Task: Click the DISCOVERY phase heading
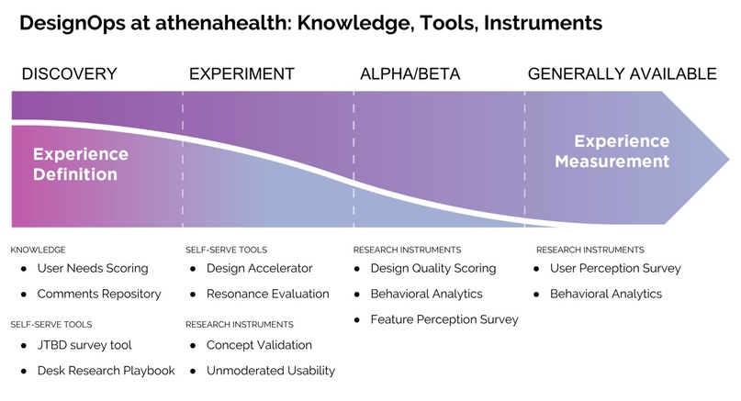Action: [x=70, y=74]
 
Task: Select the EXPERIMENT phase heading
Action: [x=242, y=74]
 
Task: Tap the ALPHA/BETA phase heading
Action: [x=410, y=74]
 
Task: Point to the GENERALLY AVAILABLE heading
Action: [x=623, y=74]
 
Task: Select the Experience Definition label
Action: [x=81, y=164]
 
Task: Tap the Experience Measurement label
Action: [x=612, y=151]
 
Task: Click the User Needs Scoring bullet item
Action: [x=93, y=268]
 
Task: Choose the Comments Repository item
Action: [x=99, y=294]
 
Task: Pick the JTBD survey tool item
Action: [x=84, y=345]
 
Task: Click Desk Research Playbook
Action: [x=107, y=371]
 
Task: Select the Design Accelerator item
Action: [x=260, y=268]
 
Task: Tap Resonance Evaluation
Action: [x=268, y=294]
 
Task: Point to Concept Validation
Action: [x=260, y=345]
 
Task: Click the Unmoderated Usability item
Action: [x=271, y=371]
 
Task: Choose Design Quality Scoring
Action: [x=433, y=268]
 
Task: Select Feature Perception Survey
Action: [x=444, y=319]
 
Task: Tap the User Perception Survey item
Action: [x=615, y=268]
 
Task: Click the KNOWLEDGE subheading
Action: [x=38, y=250]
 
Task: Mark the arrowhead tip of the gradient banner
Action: [x=729, y=159]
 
